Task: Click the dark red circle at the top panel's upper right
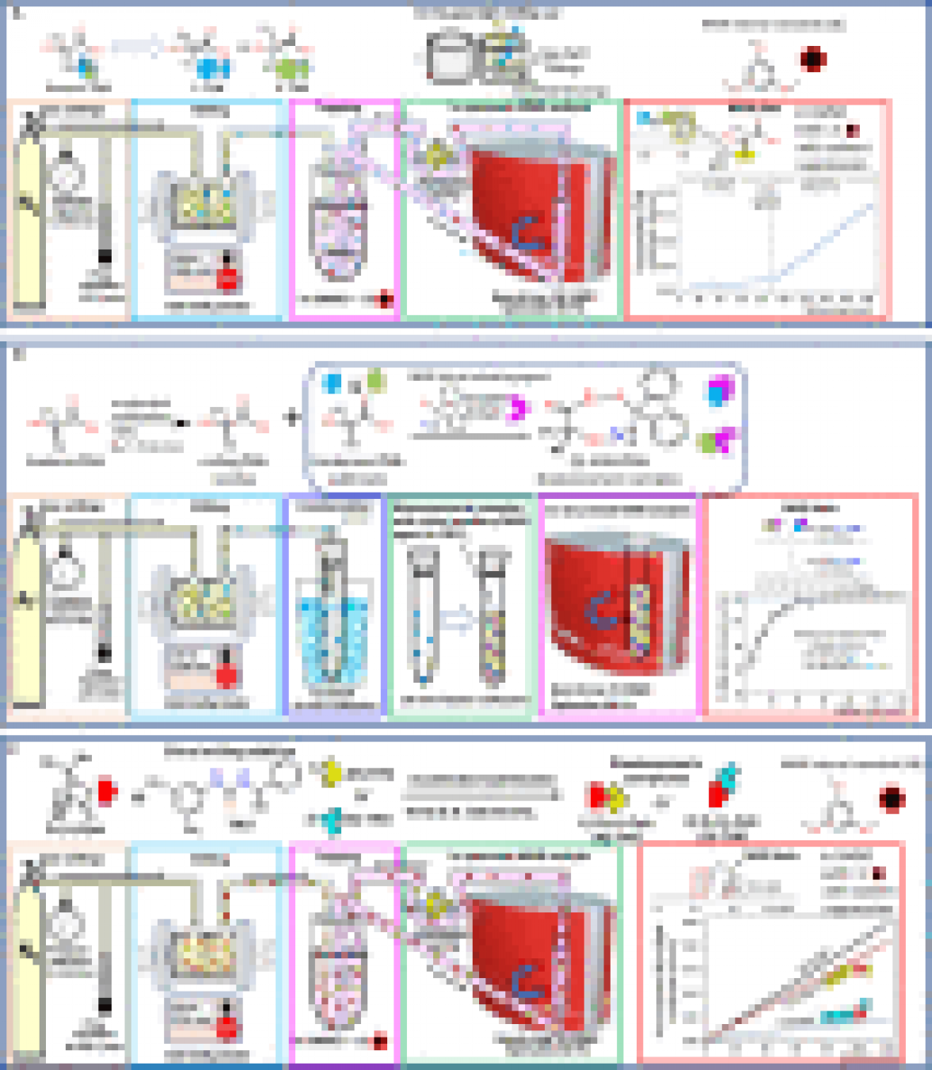click(x=813, y=59)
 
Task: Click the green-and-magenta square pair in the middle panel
click(x=717, y=441)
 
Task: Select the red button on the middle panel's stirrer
click(x=227, y=676)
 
